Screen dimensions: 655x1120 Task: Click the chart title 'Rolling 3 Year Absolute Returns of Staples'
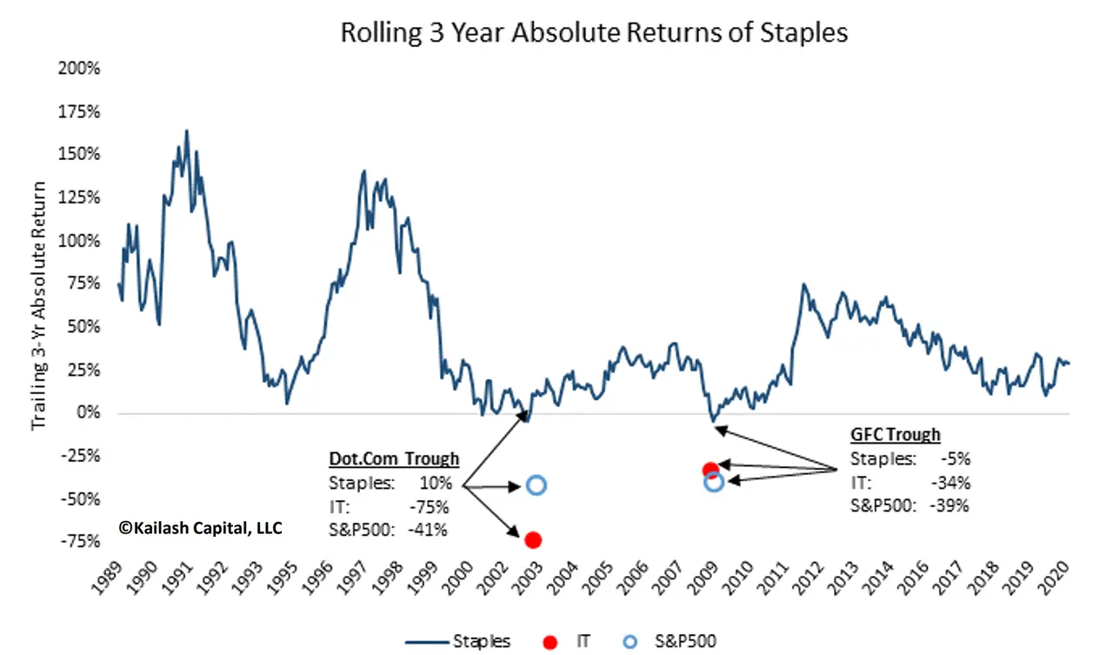click(593, 33)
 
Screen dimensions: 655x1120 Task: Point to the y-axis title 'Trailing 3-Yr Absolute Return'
click(39, 304)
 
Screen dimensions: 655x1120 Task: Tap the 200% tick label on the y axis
click(80, 69)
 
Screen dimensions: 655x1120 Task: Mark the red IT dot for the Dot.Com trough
click(533, 540)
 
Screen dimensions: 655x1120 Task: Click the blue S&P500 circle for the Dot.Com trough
click(536, 485)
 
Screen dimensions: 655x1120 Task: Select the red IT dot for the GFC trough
click(710, 471)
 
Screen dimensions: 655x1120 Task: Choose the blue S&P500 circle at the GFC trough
click(713, 482)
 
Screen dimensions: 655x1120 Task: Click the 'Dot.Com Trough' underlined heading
click(393, 459)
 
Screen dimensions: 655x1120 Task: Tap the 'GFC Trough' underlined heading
click(895, 435)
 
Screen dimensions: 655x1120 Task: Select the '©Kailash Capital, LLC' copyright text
click(201, 527)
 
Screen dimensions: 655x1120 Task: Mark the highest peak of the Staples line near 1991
click(186, 130)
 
